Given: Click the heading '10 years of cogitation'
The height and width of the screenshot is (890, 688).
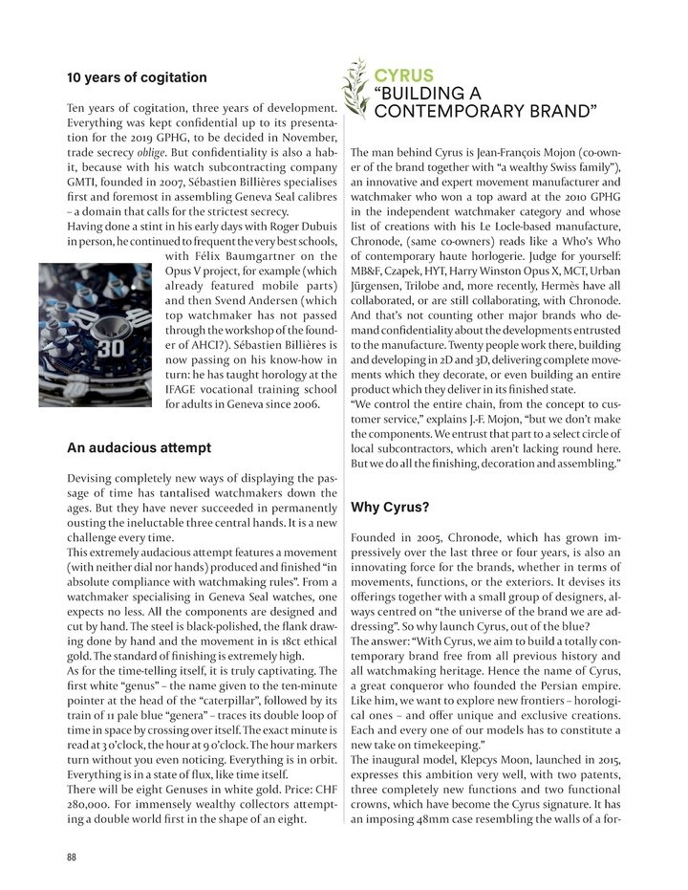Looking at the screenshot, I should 137,76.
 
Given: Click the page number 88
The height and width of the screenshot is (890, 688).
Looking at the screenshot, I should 72,857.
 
